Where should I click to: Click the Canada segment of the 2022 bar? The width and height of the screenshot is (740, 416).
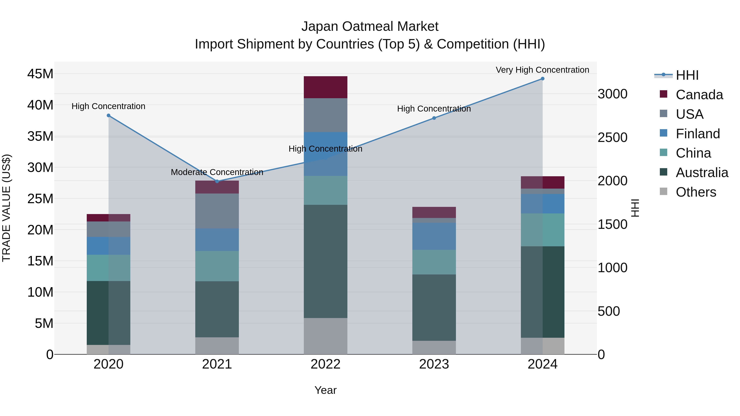(x=325, y=87)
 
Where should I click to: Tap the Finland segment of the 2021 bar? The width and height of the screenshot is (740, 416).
(x=217, y=240)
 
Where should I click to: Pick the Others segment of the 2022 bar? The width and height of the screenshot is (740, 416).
(x=325, y=336)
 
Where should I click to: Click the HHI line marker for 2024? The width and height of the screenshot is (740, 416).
(x=542, y=79)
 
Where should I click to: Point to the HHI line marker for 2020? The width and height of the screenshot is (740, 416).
(x=109, y=115)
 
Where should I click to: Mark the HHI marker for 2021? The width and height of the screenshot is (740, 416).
(x=217, y=181)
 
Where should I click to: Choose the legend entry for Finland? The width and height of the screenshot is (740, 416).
(x=697, y=134)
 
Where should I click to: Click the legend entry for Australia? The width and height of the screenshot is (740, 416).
(x=702, y=173)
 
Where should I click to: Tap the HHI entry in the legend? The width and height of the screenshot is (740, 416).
(x=687, y=75)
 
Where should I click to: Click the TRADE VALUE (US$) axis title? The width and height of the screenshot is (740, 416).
(x=6, y=208)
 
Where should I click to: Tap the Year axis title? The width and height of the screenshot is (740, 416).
(x=325, y=390)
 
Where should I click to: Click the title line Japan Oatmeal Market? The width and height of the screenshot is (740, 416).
(x=370, y=27)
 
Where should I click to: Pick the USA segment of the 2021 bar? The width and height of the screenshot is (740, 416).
(x=217, y=211)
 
